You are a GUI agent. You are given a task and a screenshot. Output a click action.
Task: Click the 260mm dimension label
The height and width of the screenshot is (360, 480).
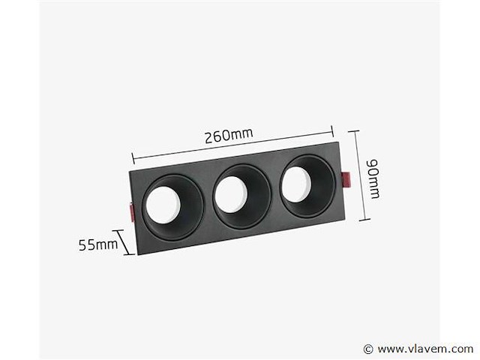[x=228, y=136]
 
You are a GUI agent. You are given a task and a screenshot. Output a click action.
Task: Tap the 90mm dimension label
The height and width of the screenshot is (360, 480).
[x=373, y=178]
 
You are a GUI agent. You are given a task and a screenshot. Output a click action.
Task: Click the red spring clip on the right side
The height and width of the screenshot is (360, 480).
[x=346, y=180]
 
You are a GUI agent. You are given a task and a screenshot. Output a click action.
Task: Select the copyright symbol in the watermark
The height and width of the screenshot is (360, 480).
[x=368, y=349]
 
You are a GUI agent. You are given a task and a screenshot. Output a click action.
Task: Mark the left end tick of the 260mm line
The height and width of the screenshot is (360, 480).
[x=133, y=157]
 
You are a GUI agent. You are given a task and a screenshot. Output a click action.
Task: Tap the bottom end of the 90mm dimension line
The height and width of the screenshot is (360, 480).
[x=364, y=220]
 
